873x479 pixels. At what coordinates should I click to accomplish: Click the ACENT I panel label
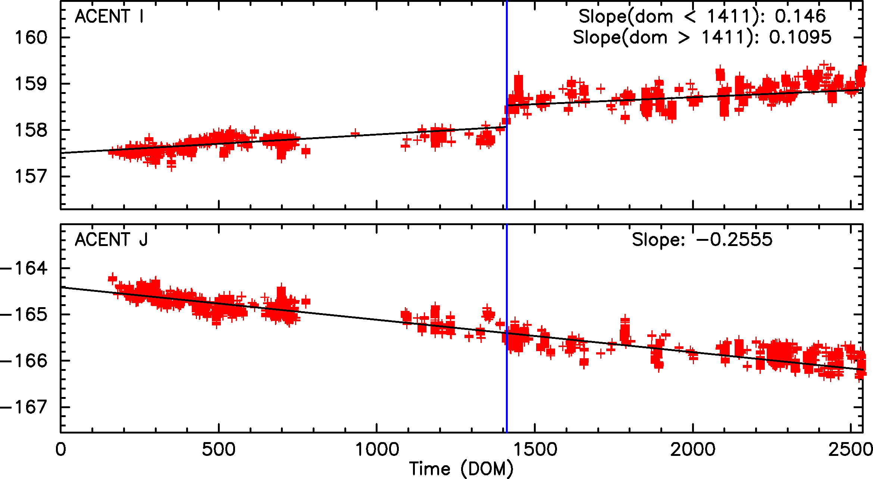tap(109, 16)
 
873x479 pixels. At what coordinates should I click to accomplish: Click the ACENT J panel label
tap(111, 239)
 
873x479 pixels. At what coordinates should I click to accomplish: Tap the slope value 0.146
tap(800, 16)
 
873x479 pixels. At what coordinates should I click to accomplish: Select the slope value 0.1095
tap(800, 37)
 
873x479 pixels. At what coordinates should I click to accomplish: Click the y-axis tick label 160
tap(31, 38)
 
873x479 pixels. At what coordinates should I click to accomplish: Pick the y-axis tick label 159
tap(31, 84)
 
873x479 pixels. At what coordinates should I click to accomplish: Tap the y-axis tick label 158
tap(31, 130)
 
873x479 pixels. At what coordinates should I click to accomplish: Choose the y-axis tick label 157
tap(31, 176)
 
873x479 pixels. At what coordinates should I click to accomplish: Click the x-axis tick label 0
tap(60, 450)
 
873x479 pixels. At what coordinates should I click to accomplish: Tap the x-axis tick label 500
tap(219, 450)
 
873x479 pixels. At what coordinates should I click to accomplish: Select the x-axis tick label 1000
tap(377, 450)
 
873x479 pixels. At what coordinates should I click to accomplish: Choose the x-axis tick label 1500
tap(535, 450)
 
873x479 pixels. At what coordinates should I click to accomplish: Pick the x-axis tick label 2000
tap(693, 450)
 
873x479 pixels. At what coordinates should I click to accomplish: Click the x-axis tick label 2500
tap(851, 450)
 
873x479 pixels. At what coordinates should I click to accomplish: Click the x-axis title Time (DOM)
tap(461, 469)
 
